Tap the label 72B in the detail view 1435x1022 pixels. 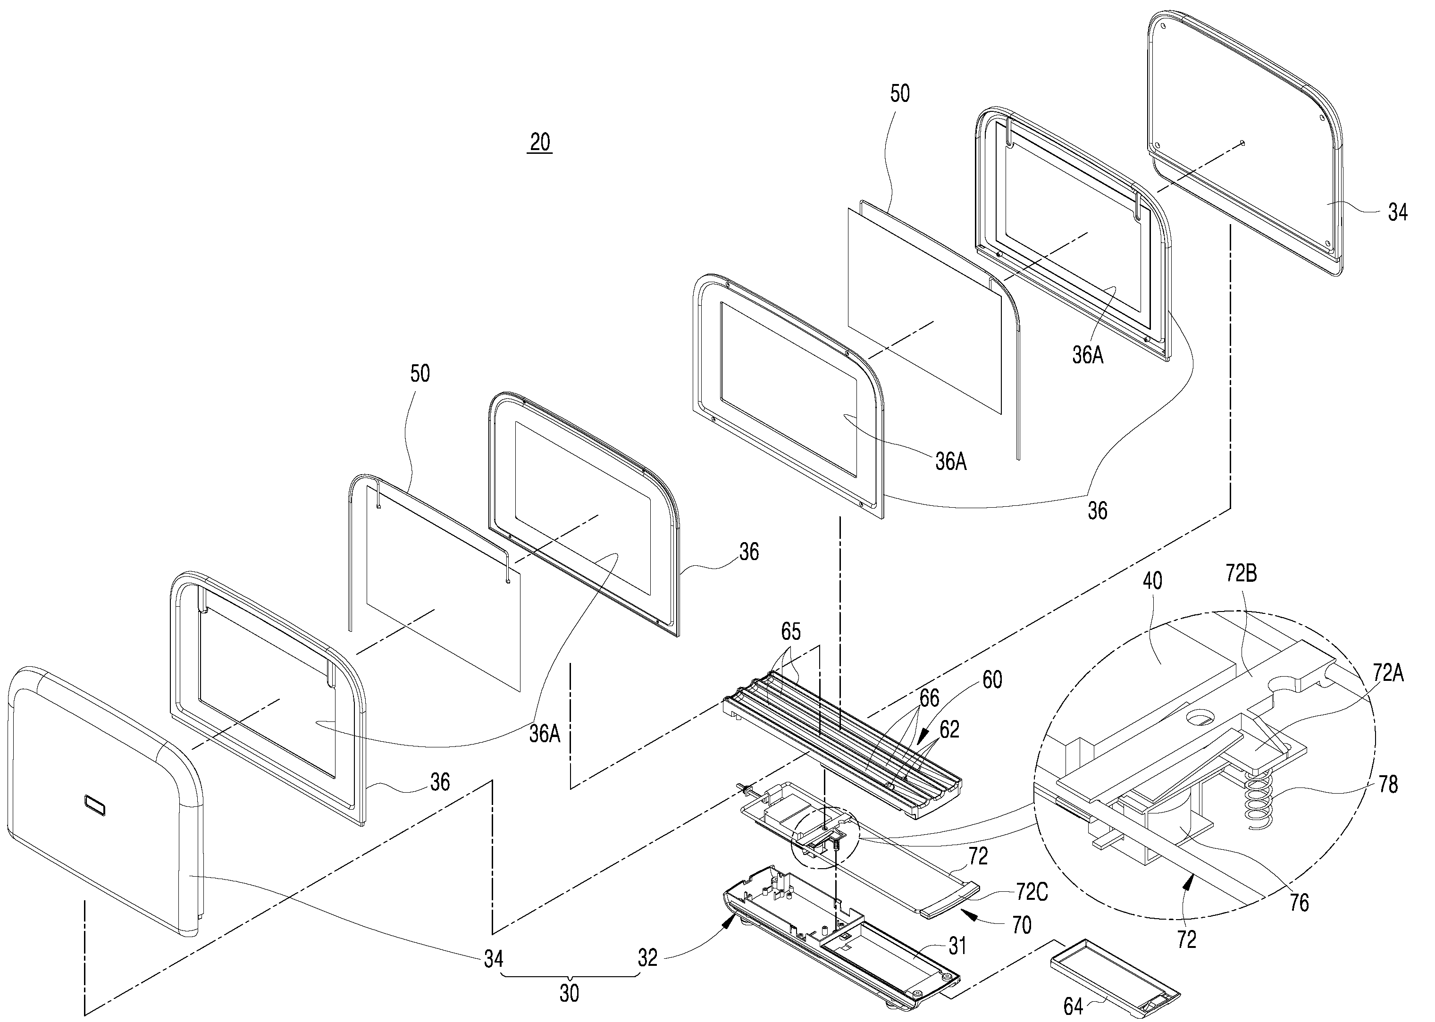tap(1241, 574)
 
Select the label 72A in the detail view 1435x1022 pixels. tap(1388, 673)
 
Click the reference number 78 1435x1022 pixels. tap(1388, 784)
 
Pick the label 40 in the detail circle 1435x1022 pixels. tap(1152, 580)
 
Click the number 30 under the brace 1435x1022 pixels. tap(569, 993)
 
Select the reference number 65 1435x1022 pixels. tap(791, 631)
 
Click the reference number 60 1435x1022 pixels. tap(992, 679)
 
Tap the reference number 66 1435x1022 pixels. tap(929, 697)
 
